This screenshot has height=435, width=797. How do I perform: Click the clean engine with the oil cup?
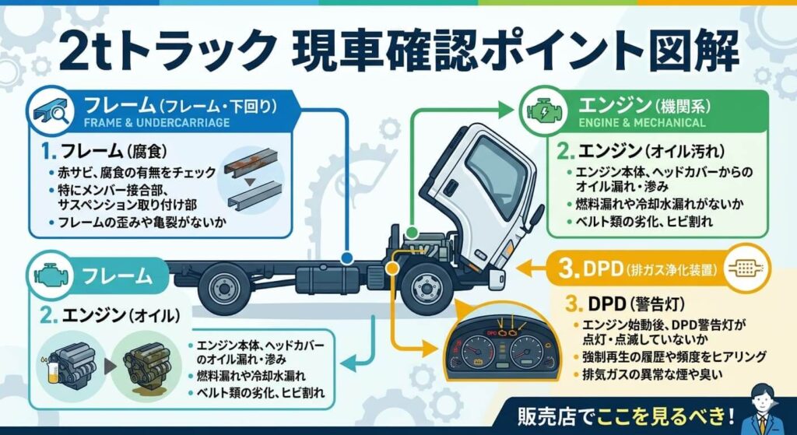coord(69,363)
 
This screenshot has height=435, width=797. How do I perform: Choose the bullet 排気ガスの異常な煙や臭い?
coord(662,375)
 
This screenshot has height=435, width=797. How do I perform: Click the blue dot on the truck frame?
coord(347,255)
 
